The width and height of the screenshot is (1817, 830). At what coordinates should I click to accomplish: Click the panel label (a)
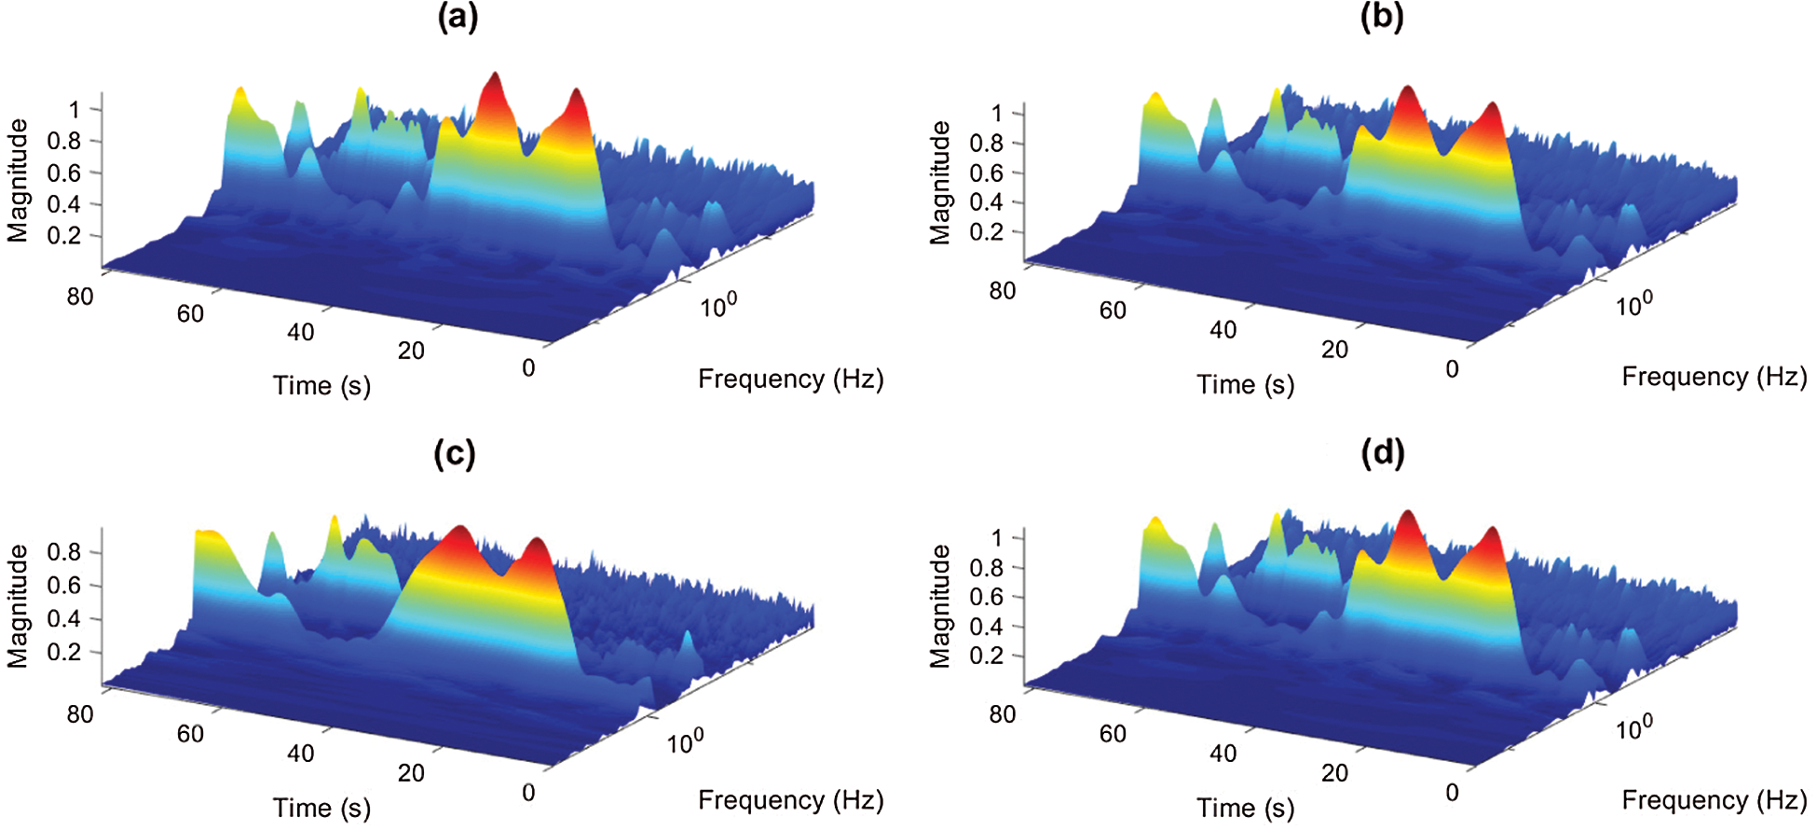tap(458, 18)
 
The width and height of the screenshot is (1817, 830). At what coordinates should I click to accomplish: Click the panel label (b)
tap(1382, 18)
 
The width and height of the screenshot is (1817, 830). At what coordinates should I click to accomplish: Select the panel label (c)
tap(455, 453)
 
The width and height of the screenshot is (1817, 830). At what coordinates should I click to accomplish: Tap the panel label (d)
tap(1382, 453)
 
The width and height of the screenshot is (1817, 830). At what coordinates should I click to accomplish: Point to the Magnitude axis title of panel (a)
tap(18, 180)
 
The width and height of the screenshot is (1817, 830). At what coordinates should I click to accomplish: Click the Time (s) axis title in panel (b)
tap(1245, 384)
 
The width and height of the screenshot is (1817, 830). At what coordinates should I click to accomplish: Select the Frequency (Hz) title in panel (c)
tap(790, 800)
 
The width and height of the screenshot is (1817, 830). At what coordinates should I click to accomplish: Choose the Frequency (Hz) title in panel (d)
tap(1714, 800)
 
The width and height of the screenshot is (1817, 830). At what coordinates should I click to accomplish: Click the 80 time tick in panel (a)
tap(80, 297)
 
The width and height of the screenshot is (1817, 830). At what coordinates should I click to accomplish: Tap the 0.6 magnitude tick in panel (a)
tap(64, 173)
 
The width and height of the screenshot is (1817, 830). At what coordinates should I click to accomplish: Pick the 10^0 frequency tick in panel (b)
tap(1633, 304)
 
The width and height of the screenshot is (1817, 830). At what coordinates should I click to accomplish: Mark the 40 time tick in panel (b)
tap(1223, 329)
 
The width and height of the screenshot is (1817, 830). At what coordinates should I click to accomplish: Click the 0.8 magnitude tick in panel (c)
tap(64, 552)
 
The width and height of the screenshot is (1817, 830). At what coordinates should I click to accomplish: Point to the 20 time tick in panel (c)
tap(411, 772)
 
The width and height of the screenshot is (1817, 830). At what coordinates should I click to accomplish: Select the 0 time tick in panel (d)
tap(1452, 793)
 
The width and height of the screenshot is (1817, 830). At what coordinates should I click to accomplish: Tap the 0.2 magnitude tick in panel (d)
tap(986, 656)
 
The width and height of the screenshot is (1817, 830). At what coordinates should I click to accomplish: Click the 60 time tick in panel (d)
tap(1113, 734)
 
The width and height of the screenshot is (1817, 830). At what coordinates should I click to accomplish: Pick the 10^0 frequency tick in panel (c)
tap(685, 742)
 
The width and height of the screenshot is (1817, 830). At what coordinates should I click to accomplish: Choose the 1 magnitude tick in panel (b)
tap(997, 114)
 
